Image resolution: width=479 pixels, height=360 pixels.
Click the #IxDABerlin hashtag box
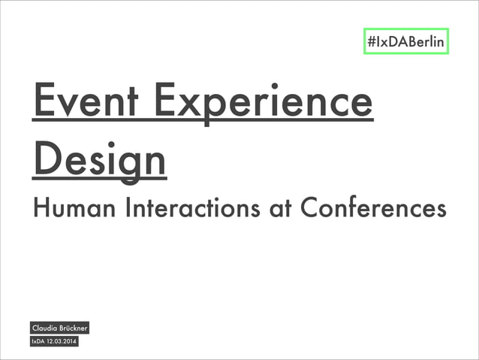pos(406,41)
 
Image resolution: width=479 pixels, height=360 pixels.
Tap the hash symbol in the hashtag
pos(371,42)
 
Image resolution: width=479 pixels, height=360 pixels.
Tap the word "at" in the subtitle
pos(279,208)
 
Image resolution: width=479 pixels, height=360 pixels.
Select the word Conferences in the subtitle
pos(372,207)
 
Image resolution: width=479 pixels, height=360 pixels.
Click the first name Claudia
pos(47,328)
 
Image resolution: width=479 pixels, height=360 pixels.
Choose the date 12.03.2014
pos(62,343)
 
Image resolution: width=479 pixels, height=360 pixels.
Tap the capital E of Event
pos(43,103)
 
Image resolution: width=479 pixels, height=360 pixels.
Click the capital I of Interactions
pos(127,207)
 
